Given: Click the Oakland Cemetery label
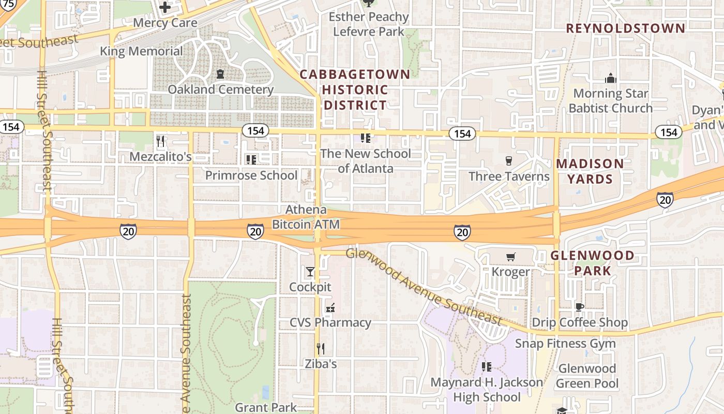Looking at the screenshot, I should coord(220,90).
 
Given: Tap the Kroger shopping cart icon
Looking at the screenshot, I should coord(510,257).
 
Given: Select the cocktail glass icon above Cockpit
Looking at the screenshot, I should coord(310,272).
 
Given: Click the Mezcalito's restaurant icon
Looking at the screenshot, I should coord(160,141).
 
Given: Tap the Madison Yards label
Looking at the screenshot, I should coord(590,171).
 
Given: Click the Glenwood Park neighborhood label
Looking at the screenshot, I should coord(592,263).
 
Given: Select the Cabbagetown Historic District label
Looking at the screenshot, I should coord(355,90).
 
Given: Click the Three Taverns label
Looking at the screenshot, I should coord(509,176).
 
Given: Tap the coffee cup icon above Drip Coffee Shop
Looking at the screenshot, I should coord(579,307).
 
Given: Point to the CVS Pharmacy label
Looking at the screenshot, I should coord(330,322).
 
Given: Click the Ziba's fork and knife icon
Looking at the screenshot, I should coord(321,349).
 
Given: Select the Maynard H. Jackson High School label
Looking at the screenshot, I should coord(487,390).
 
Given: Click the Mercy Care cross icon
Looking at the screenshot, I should coord(164,8).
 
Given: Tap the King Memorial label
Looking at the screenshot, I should coord(141,51).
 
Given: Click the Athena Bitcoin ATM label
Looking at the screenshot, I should coord(306,217).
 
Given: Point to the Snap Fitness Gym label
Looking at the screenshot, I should coord(565,344).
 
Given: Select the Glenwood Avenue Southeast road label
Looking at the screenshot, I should coord(424,288).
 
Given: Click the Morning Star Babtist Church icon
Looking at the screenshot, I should coord(611,79).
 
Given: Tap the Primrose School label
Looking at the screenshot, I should coord(251,175).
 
